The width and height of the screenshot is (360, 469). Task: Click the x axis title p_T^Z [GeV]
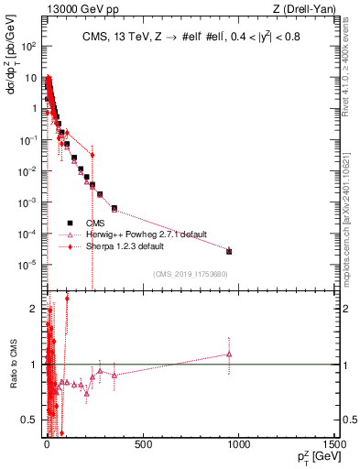tap(314, 455)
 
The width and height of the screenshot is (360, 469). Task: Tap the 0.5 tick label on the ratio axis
tap(27, 420)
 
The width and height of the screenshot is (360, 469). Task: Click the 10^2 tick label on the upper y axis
tap(28, 46)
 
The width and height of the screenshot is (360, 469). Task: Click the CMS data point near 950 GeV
tap(229, 251)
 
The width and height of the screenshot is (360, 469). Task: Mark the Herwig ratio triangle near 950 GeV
tap(229, 354)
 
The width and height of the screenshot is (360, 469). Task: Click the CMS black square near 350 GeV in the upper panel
tap(114, 208)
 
